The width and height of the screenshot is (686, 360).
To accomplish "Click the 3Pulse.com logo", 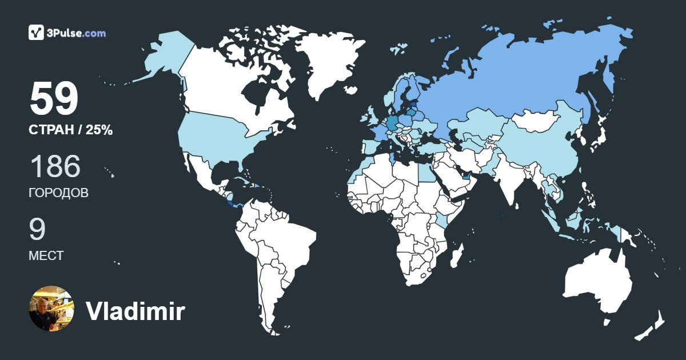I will pyautogui.click(x=67, y=33).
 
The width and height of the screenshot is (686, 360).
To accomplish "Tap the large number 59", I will pyautogui.click(x=54, y=99).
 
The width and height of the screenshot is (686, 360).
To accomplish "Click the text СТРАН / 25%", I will pyautogui.click(x=70, y=130).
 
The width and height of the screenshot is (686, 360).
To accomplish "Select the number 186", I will pyautogui.click(x=55, y=166).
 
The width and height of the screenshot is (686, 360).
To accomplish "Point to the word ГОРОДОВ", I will pyautogui.click(x=58, y=193).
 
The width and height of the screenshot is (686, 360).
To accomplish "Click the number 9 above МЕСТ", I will pyautogui.click(x=37, y=229).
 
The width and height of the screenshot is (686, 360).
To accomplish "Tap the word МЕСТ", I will pyautogui.click(x=46, y=256).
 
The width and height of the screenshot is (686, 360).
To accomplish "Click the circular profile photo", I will pyautogui.click(x=51, y=309).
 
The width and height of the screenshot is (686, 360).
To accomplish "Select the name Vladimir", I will pyautogui.click(x=135, y=311).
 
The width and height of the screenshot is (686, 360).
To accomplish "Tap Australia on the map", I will pyautogui.click(x=597, y=283).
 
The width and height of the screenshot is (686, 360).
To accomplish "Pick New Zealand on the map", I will pyautogui.click(x=652, y=326).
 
